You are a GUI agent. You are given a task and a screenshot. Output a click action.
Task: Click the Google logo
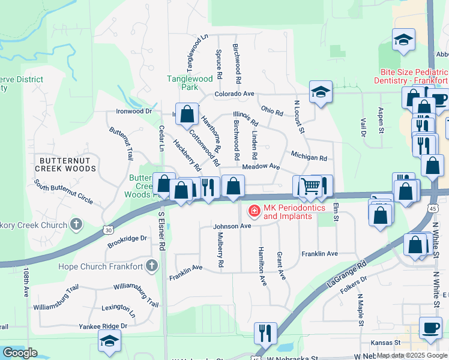20,353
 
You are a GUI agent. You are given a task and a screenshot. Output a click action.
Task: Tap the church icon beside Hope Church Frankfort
152,265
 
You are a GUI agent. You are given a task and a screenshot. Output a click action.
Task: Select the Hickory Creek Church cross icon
76,225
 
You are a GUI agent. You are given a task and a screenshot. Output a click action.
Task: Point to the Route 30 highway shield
107,230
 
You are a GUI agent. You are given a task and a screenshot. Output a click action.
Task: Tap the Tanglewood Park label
190,83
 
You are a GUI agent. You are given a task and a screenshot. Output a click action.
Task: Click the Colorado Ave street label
235,94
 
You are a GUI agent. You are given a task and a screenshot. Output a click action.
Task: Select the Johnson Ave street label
232,226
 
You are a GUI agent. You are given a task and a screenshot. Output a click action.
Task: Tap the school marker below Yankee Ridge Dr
109,341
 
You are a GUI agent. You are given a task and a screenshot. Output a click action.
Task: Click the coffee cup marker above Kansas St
430,328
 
